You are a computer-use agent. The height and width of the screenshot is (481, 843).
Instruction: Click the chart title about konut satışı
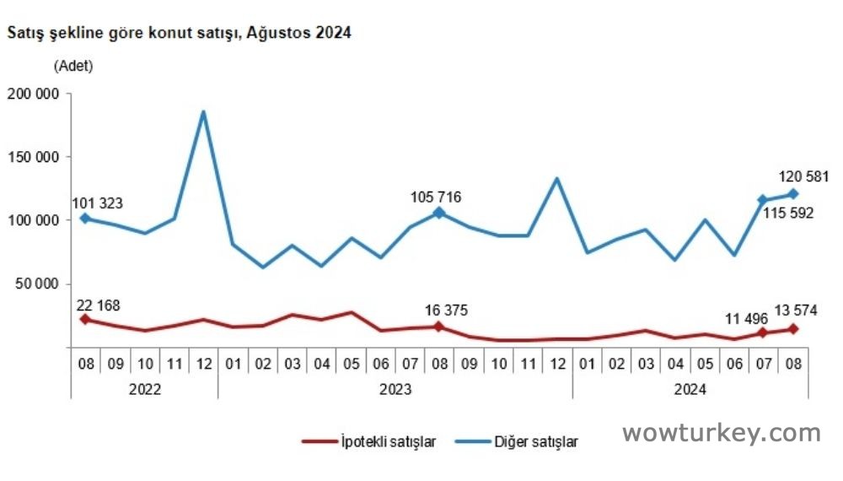pyautogui.click(x=179, y=34)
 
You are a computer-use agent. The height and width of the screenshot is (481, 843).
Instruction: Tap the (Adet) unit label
pyautogui.click(x=73, y=65)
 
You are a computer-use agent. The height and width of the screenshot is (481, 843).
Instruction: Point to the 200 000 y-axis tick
pyautogui.click(x=32, y=94)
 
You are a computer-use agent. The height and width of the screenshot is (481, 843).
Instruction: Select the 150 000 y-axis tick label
pyautogui.click(x=32, y=157)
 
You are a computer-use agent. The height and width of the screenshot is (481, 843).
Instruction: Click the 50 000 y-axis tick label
pyautogui.click(x=35, y=284)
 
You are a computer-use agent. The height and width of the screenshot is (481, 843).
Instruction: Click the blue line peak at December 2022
pyautogui.click(x=203, y=112)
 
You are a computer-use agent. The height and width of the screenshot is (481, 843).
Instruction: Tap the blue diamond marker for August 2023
pyautogui.click(x=439, y=213)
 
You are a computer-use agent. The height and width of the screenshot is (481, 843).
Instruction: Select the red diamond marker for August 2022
pyautogui.click(x=85, y=319)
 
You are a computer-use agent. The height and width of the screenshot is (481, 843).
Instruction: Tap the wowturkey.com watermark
pyautogui.click(x=721, y=434)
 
